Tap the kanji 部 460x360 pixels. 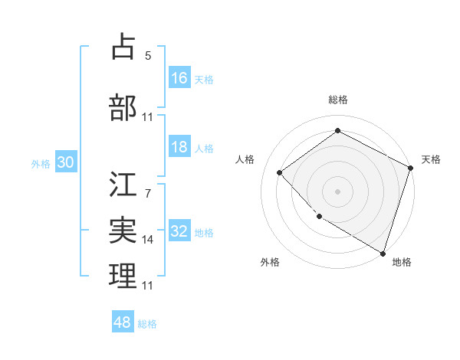(x=123, y=107)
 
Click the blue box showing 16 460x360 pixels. (x=179, y=78)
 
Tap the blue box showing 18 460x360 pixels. (x=179, y=147)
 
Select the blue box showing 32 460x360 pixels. (x=179, y=231)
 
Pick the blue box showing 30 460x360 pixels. (x=65, y=162)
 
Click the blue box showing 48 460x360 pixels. (x=123, y=322)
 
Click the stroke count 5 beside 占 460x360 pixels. (x=148, y=56)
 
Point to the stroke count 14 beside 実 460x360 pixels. (x=148, y=239)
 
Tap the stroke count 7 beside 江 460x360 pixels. (x=148, y=194)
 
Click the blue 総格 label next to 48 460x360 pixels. (x=147, y=324)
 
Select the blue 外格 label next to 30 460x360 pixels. (x=41, y=163)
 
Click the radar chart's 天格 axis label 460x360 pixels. (x=431, y=159)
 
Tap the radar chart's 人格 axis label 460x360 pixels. (x=245, y=159)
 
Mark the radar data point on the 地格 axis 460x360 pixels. (x=383, y=252)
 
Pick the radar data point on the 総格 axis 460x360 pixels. (x=337, y=131)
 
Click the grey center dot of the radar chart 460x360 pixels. (x=337, y=191)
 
